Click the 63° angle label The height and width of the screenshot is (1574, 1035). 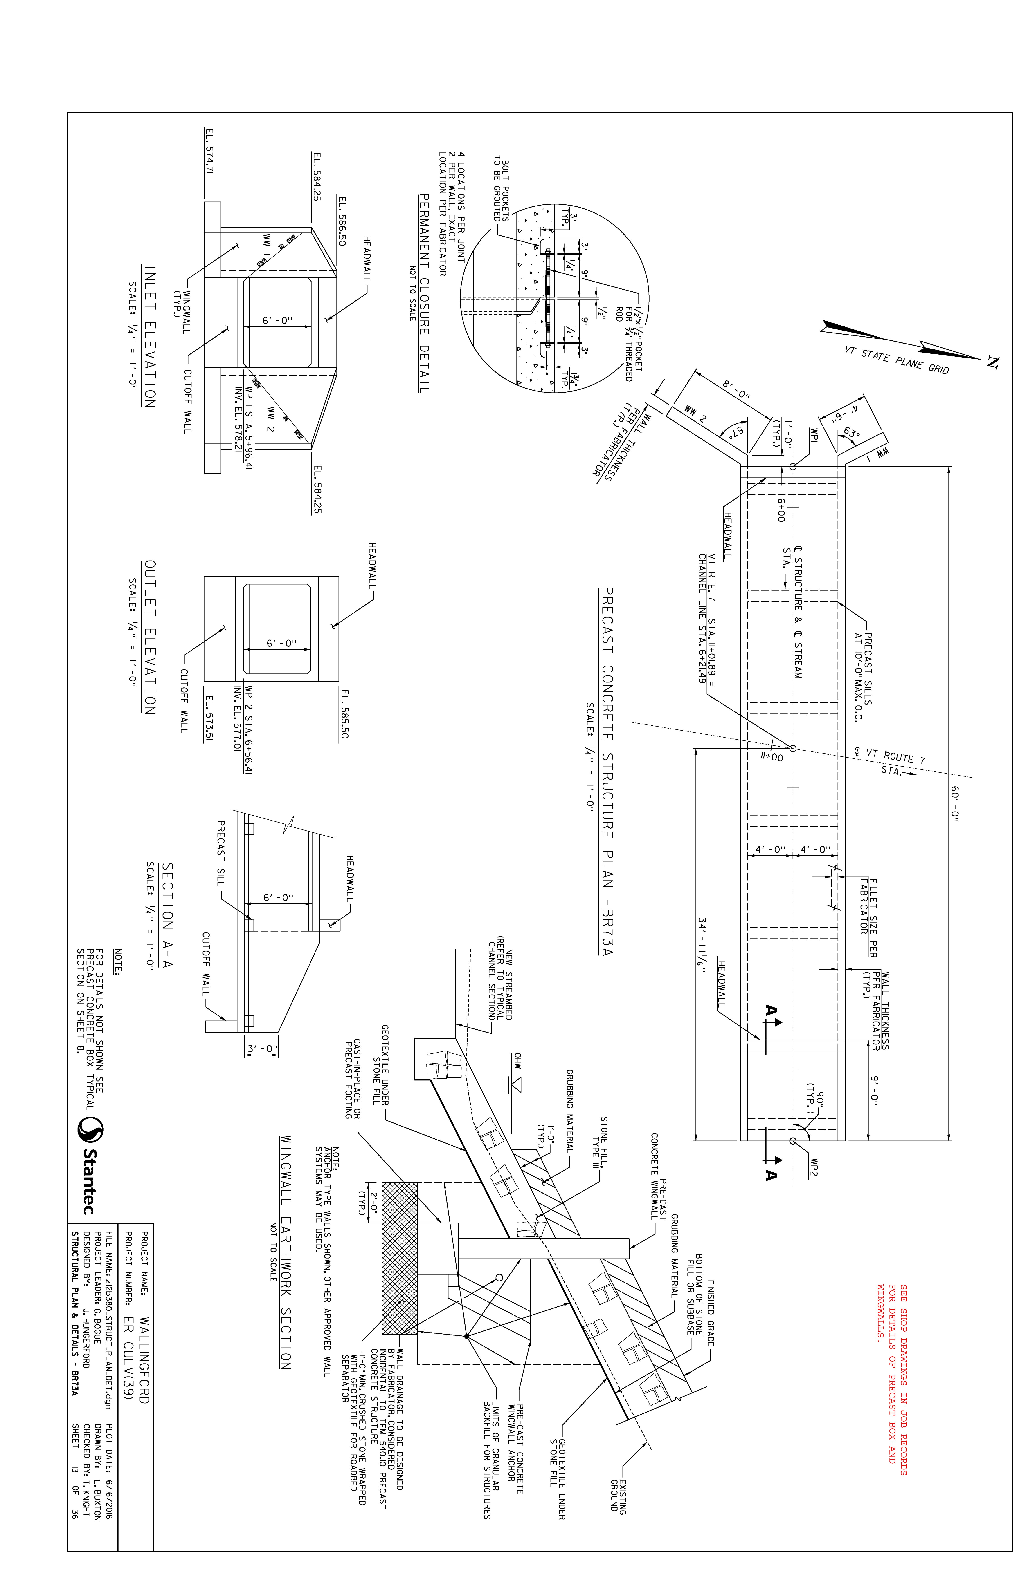click(851, 433)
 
